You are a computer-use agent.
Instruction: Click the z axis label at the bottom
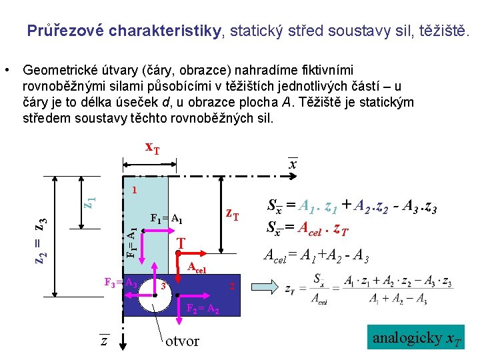104,341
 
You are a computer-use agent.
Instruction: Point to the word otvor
182,341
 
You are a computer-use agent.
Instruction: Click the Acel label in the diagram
198,269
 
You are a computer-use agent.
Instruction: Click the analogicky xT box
416,338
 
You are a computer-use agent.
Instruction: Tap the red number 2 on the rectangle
231,287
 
